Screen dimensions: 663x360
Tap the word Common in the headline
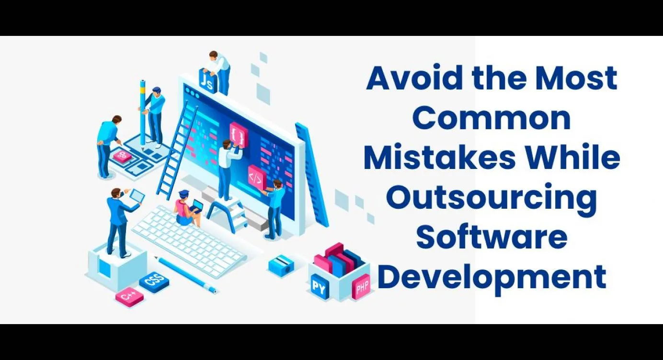pyautogui.click(x=492, y=118)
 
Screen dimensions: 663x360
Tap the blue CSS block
pyautogui.click(x=154, y=282)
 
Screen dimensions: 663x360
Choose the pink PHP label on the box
pyautogui.click(x=362, y=286)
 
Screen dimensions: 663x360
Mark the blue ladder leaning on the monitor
pyautogui.click(x=177, y=149)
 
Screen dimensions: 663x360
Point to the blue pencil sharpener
pyautogui.click(x=281, y=265)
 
